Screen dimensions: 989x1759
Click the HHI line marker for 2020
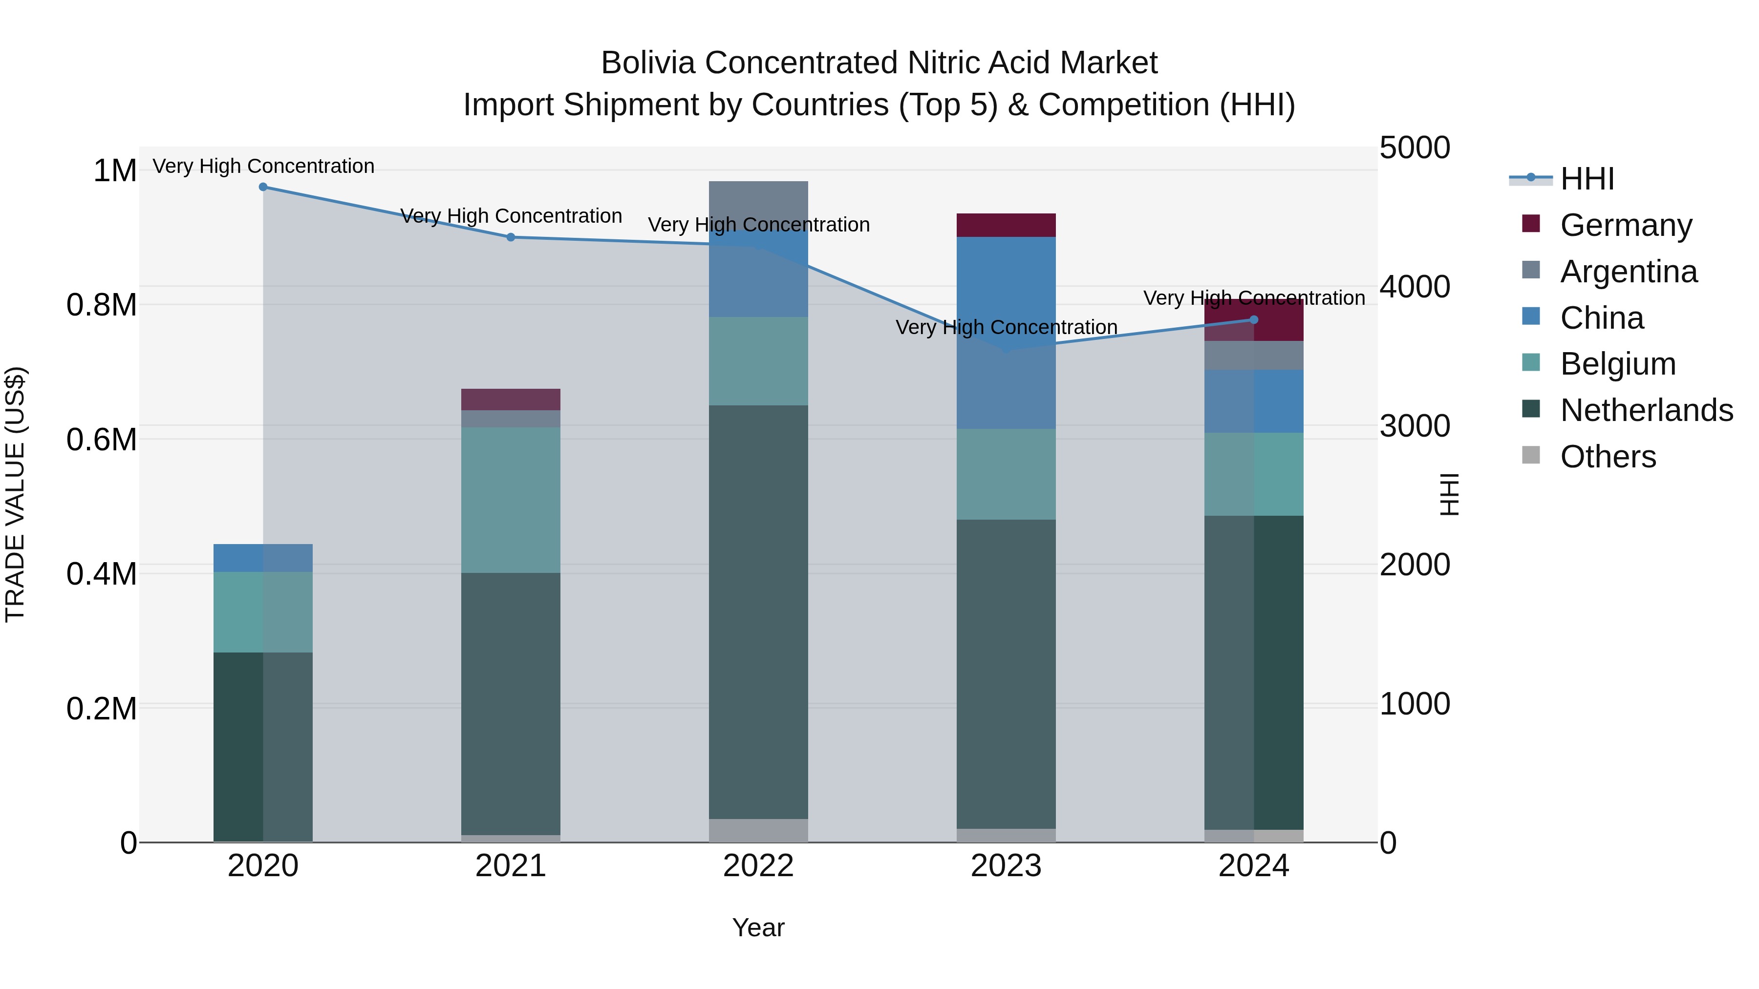[263, 187]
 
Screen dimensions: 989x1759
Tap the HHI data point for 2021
[511, 237]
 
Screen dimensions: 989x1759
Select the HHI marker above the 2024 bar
[1254, 320]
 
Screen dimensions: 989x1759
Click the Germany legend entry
[1626, 225]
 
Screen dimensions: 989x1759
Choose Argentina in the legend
[1629, 272]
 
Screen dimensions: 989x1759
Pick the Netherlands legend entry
[1646, 411]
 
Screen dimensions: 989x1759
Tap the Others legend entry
[1608, 457]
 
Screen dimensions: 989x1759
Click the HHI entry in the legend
[1587, 179]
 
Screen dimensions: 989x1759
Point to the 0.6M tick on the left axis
[102, 440]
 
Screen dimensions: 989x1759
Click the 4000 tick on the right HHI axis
[1414, 287]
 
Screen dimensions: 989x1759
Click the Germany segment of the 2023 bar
[1006, 225]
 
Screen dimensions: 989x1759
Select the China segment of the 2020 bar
[263, 558]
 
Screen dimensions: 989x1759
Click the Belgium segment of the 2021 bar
[511, 500]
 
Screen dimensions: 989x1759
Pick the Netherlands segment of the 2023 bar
[1006, 673]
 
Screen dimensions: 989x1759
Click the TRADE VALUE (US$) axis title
[15, 494]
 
